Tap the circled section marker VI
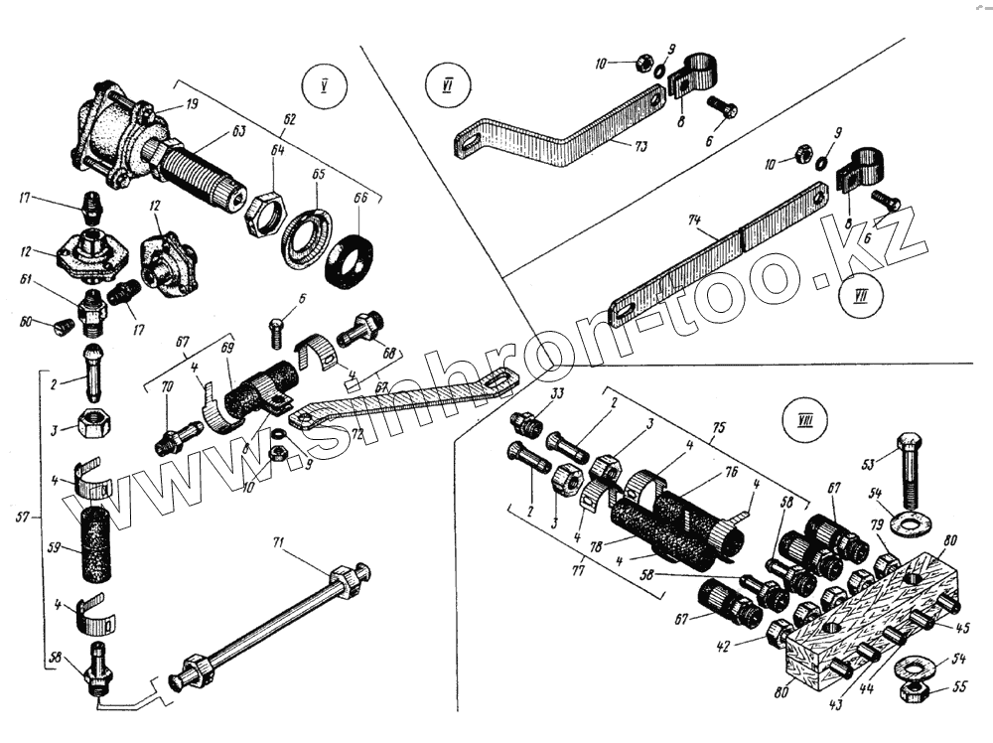(446, 85)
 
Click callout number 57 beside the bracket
(26, 517)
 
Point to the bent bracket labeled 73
(556, 138)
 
